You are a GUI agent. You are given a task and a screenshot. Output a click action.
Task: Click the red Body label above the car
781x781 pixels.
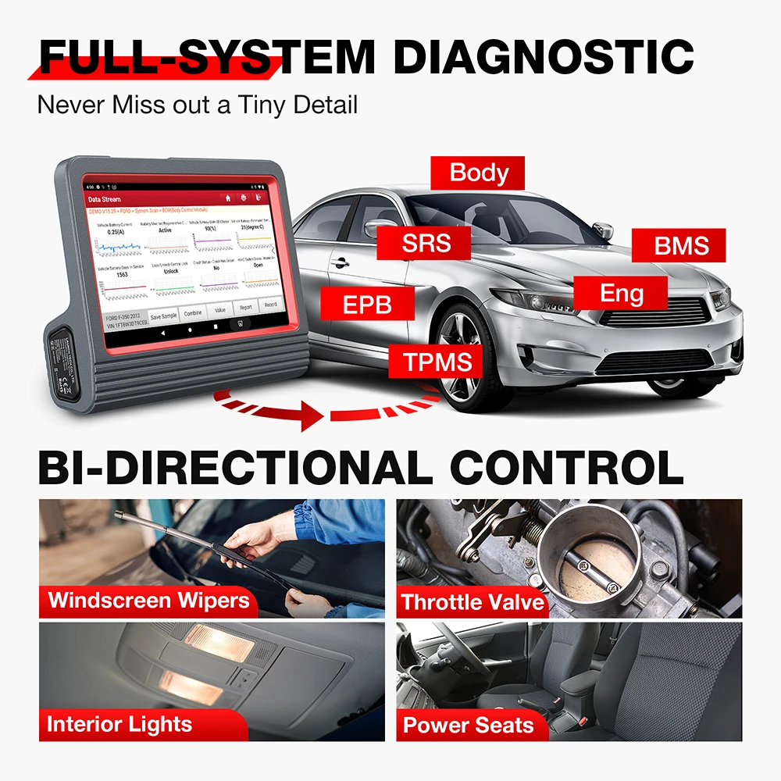(479, 173)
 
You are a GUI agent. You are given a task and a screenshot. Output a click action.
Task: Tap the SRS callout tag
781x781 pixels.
(426, 243)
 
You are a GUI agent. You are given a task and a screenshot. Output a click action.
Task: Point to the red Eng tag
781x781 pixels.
(622, 294)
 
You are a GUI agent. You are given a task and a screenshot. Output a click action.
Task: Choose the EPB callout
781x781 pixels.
(367, 304)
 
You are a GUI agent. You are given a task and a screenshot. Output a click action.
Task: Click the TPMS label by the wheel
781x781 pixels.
(438, 361)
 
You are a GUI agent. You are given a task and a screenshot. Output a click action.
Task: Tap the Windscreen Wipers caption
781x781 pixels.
(148, 601)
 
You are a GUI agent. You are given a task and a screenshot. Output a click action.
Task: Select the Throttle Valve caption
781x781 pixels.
(472, 602)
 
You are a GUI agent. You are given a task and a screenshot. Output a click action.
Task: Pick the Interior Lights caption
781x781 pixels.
(119, 724)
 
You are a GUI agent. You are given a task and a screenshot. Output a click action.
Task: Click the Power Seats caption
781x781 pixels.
(468, 726)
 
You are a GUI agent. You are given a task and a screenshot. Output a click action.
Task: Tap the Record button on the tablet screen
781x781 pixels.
(270, 305)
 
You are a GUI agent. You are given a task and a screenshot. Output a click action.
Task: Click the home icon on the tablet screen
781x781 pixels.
(227, 199)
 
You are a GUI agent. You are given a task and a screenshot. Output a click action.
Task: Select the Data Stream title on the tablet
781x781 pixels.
(104, 200)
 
